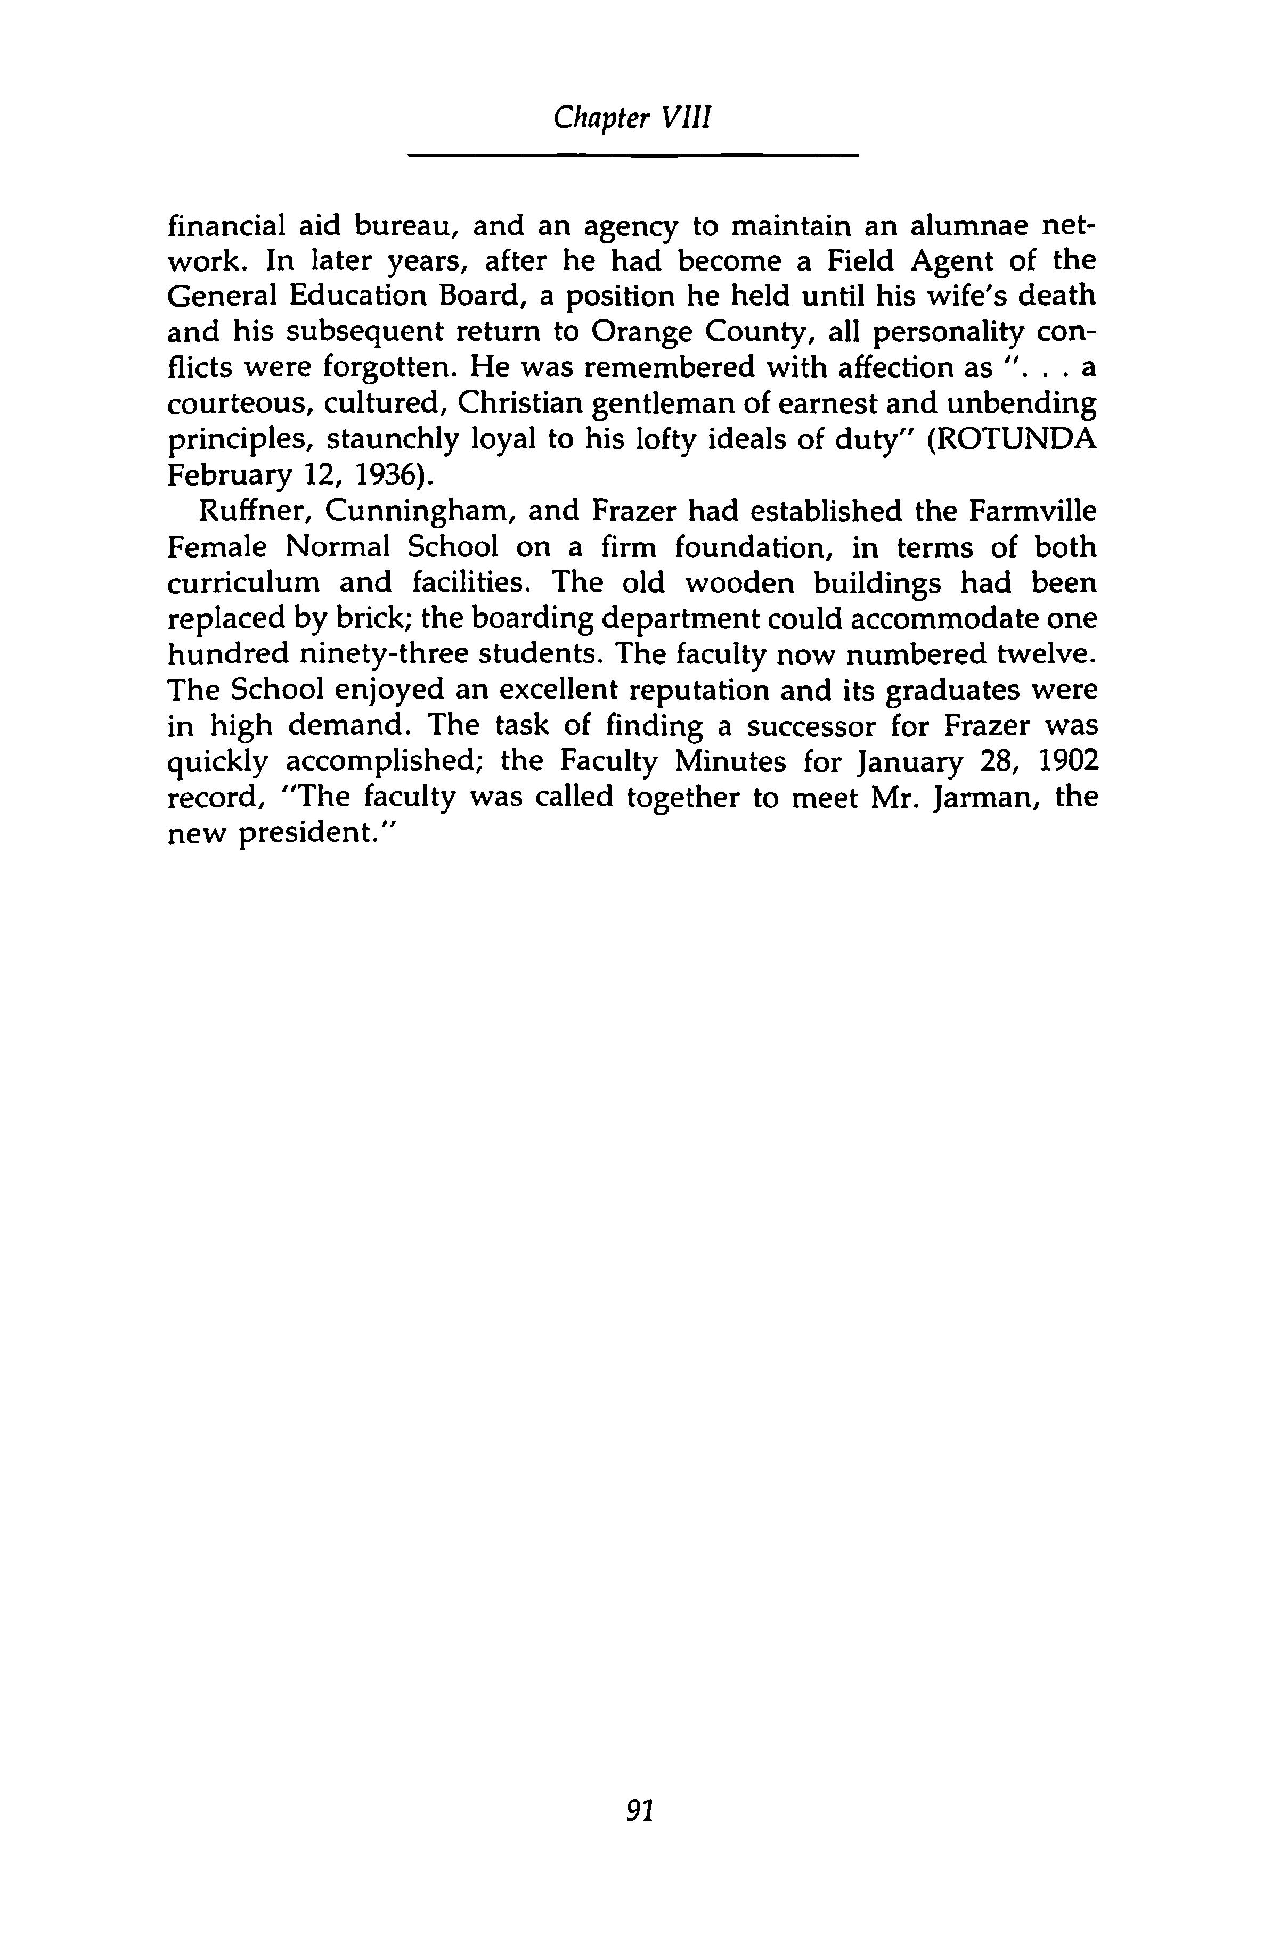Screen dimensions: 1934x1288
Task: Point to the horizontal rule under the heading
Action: tap(632, 155)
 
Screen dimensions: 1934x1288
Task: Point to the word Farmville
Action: tap(1032, 512)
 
